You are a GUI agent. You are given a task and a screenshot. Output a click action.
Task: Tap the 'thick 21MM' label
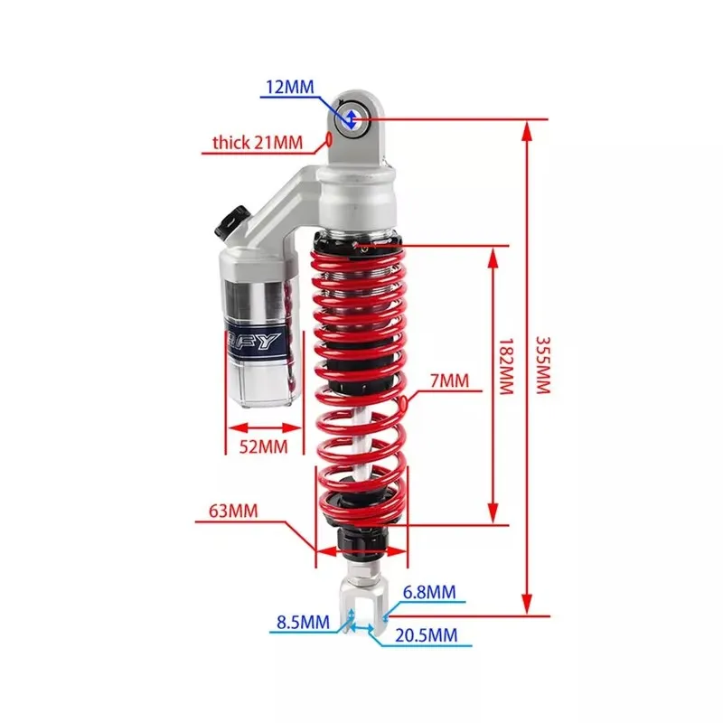(256, 142)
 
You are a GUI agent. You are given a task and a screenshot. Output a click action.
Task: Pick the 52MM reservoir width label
(264, 446)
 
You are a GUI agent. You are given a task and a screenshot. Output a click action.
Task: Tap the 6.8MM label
(429, 592)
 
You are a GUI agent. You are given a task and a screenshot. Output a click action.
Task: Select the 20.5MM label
(425, 635)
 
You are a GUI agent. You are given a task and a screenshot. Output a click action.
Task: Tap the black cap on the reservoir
(232, 223)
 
